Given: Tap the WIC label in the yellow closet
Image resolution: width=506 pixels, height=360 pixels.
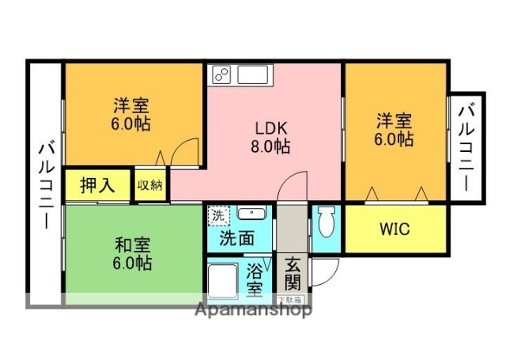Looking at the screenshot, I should (x=394, y=229).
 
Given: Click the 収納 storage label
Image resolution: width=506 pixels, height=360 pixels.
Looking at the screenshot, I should (x=150, y=186).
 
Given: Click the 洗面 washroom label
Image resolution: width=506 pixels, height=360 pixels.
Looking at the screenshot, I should (x=236, y=237).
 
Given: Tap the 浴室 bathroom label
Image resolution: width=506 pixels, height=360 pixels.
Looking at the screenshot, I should (x=255, y=279).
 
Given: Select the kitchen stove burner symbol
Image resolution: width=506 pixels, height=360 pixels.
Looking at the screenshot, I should (x=221, y=75).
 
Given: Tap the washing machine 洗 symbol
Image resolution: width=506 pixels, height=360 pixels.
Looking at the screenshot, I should (x=216, y=214).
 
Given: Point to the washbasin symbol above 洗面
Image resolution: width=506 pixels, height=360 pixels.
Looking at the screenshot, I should (x=251, y=214).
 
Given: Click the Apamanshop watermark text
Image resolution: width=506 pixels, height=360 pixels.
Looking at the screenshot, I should (x=252, y=310).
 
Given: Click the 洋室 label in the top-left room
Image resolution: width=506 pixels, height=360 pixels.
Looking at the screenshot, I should (x=131, y=105).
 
